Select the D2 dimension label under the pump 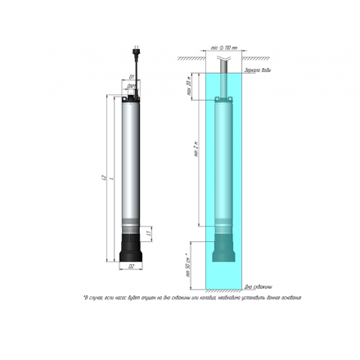(131, 266)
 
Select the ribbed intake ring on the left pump (132, 223)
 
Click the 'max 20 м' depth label (189, 86)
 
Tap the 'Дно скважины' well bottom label (258, 287)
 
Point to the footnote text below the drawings (192, 298)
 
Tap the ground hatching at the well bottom (221, 293)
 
